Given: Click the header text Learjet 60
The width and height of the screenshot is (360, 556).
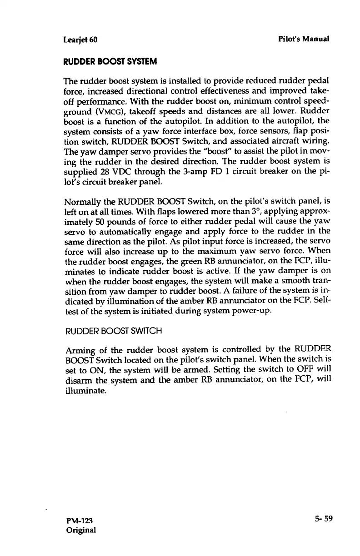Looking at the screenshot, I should click(x=80, y=39).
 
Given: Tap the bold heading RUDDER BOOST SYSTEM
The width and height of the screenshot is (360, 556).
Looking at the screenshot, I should click(x=103, y=61).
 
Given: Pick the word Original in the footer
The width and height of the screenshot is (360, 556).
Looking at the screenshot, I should click(x=81, y=530).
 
